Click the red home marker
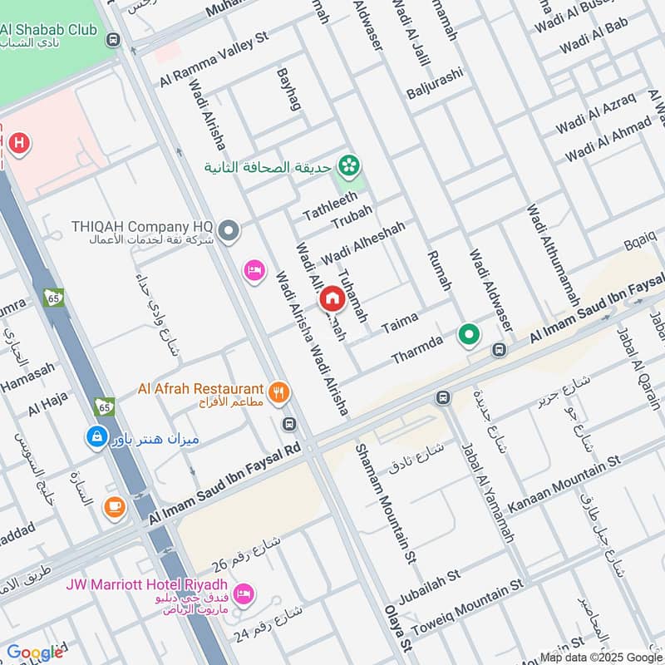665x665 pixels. tap(332, 297)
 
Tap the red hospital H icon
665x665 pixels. tap(18, 143)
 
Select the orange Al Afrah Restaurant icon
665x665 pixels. tap(278, 390)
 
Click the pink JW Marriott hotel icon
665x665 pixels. tap(244, 593)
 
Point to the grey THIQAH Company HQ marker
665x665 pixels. tap(230, 230)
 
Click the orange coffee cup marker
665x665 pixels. tap(114, 505)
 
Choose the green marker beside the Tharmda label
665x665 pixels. tap(469, 336)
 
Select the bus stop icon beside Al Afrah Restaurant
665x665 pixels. tap(289, 423)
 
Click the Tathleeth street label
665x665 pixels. tap(330, 204)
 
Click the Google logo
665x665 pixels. tap(34, 653)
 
